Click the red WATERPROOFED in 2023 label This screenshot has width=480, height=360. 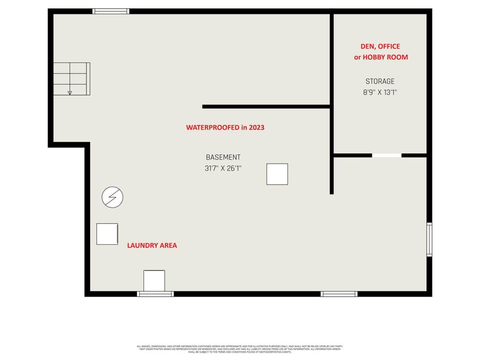tap(225, 127)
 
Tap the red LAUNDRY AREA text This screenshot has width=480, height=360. tap(152, 246)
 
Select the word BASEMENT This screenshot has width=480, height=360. tap(223, 157)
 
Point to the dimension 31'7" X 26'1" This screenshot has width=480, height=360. tap(223, 168)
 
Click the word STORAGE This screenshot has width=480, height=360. tap(380, 82)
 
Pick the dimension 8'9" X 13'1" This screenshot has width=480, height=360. tap(380, 92)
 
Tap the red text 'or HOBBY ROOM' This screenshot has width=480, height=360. tap(381, 57)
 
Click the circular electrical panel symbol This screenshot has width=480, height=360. tap(113, 197)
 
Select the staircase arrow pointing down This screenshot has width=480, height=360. tap(70, 92)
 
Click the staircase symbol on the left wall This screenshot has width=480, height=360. tap(71, 78)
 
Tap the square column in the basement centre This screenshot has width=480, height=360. tap(277, 174)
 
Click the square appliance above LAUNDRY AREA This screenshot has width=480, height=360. tap(107, 234)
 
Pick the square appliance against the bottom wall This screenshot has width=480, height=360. tap(154, 281)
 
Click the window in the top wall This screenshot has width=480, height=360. tap(111, 11)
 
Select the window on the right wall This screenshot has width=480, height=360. tap(429, 240)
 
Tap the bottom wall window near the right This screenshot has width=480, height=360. tap(339, 294)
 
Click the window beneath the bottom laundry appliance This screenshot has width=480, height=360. tap(155, 294)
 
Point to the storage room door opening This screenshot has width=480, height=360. tap(387, 155)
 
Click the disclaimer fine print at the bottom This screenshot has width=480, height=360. tap(239, 349)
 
